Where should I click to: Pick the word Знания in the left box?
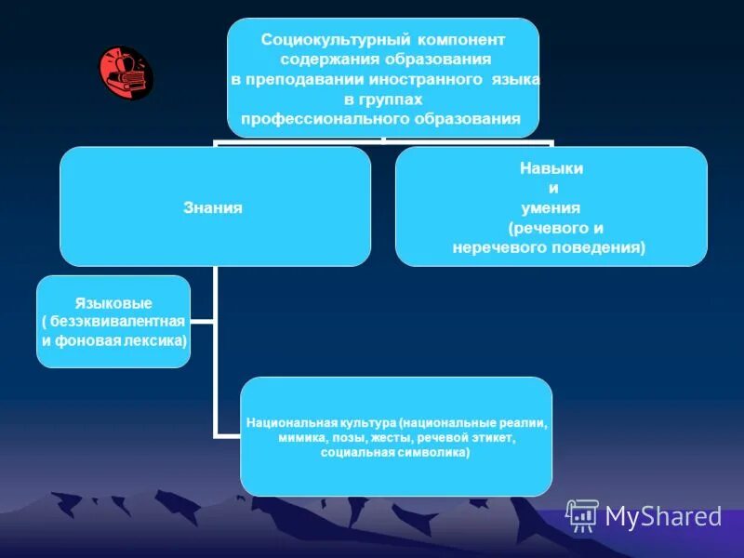coord(215,208)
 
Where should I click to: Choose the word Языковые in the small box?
coord(113,303)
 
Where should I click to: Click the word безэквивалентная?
coord(118,321)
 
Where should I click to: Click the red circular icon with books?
coord(126,73)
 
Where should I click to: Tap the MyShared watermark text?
coord(663,516)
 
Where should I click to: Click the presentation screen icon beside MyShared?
coord(582,515)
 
